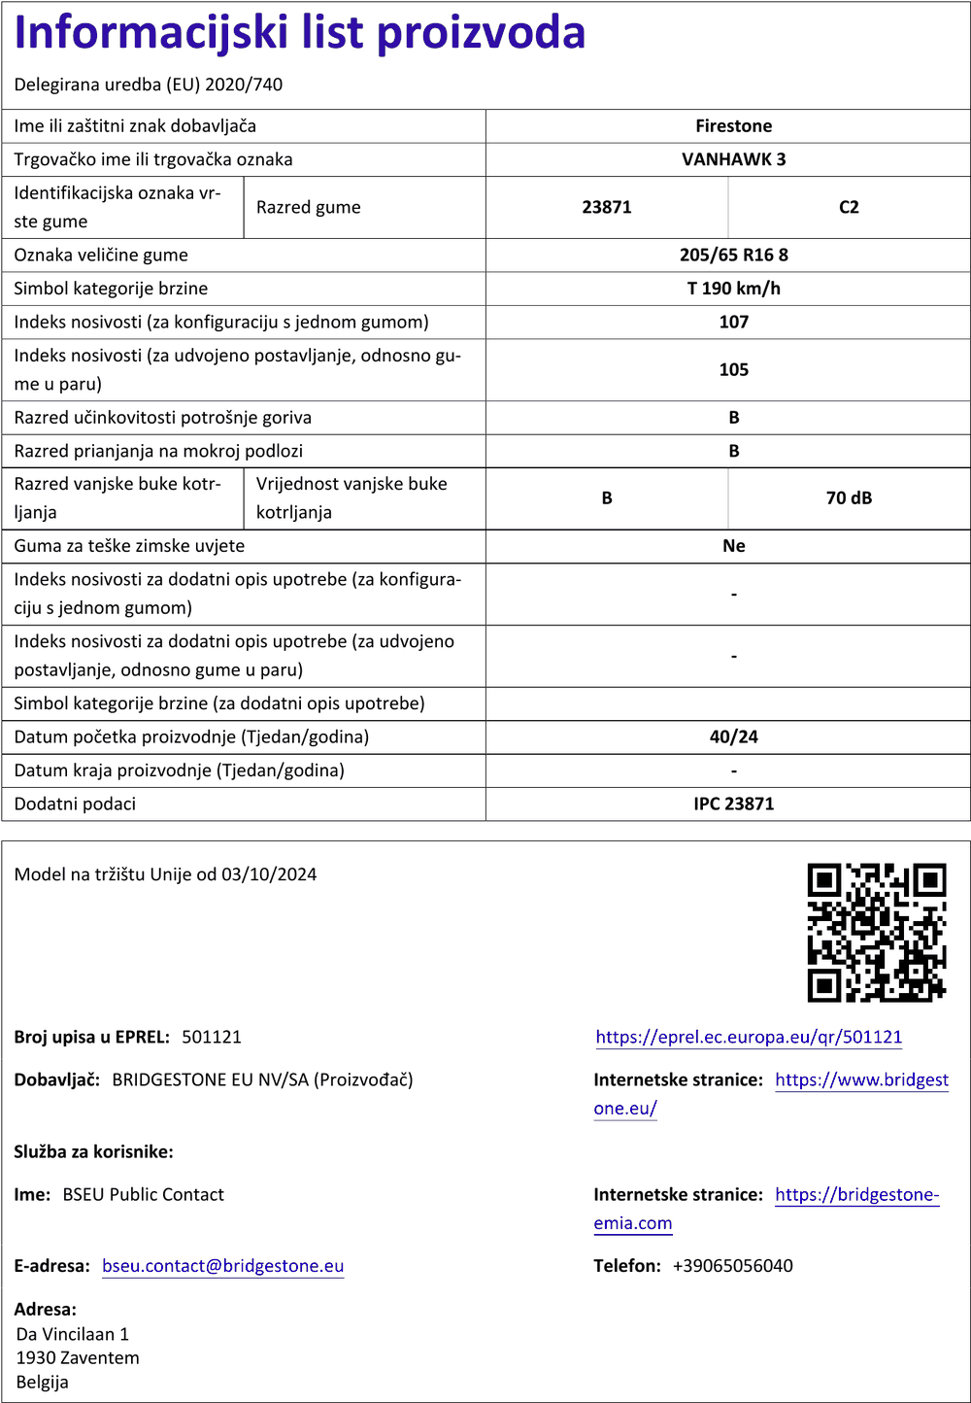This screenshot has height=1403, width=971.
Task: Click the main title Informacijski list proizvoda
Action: (x=300, y=32)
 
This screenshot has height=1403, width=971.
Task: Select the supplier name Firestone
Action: (x=733, y=126)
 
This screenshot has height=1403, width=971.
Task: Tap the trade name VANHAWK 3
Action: (x=733, y=159)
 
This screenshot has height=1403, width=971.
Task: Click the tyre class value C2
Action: (x=849, y=207)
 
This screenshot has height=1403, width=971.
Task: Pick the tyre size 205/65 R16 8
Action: (x=733, y=255)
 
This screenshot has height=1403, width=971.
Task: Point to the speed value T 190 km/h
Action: (x=733, y=289)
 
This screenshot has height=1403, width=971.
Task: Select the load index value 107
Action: (x=733, y=322)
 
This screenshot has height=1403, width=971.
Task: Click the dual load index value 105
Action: (x=733, y=369)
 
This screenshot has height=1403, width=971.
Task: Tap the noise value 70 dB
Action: (x=849, y=497)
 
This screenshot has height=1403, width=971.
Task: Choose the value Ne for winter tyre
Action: (x=733, y=546)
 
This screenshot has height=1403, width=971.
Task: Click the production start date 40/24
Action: (x=733, y=736)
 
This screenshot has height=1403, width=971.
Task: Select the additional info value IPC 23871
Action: (x=733, y=804)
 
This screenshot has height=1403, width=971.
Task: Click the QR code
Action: (x=876, y=932)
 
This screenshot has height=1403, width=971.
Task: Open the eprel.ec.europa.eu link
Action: (x=749, y=1037)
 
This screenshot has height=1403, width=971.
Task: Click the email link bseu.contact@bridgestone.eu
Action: (x=222, y=1266)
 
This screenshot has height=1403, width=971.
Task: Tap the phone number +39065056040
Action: (x=732, y=1266)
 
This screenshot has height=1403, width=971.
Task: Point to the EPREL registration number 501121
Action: (x=212, y=1037)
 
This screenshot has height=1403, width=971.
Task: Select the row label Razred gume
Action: (x=308, y=207)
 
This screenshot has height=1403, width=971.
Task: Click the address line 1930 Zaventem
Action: (x=78, y=1357)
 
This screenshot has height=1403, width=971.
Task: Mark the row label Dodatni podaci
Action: (x=75, y=804)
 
